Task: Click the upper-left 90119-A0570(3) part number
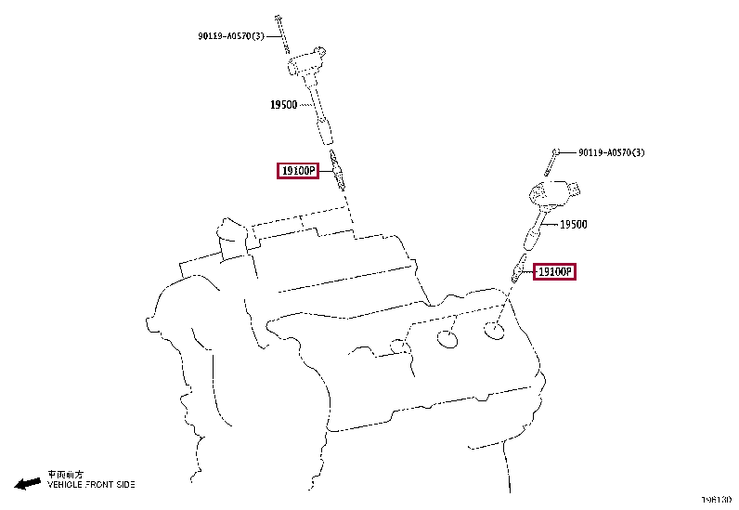pos(230,36)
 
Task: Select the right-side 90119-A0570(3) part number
pos(611,152)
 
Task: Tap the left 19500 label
pos(283,105)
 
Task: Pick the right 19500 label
pos(573,224)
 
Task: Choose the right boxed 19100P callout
pos(555,271)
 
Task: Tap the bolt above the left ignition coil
pos(279,33)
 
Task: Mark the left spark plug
pos(340,169)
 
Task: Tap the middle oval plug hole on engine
pos(447,338)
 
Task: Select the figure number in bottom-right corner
pos(716,500)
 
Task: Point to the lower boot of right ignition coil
pos(530,238)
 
